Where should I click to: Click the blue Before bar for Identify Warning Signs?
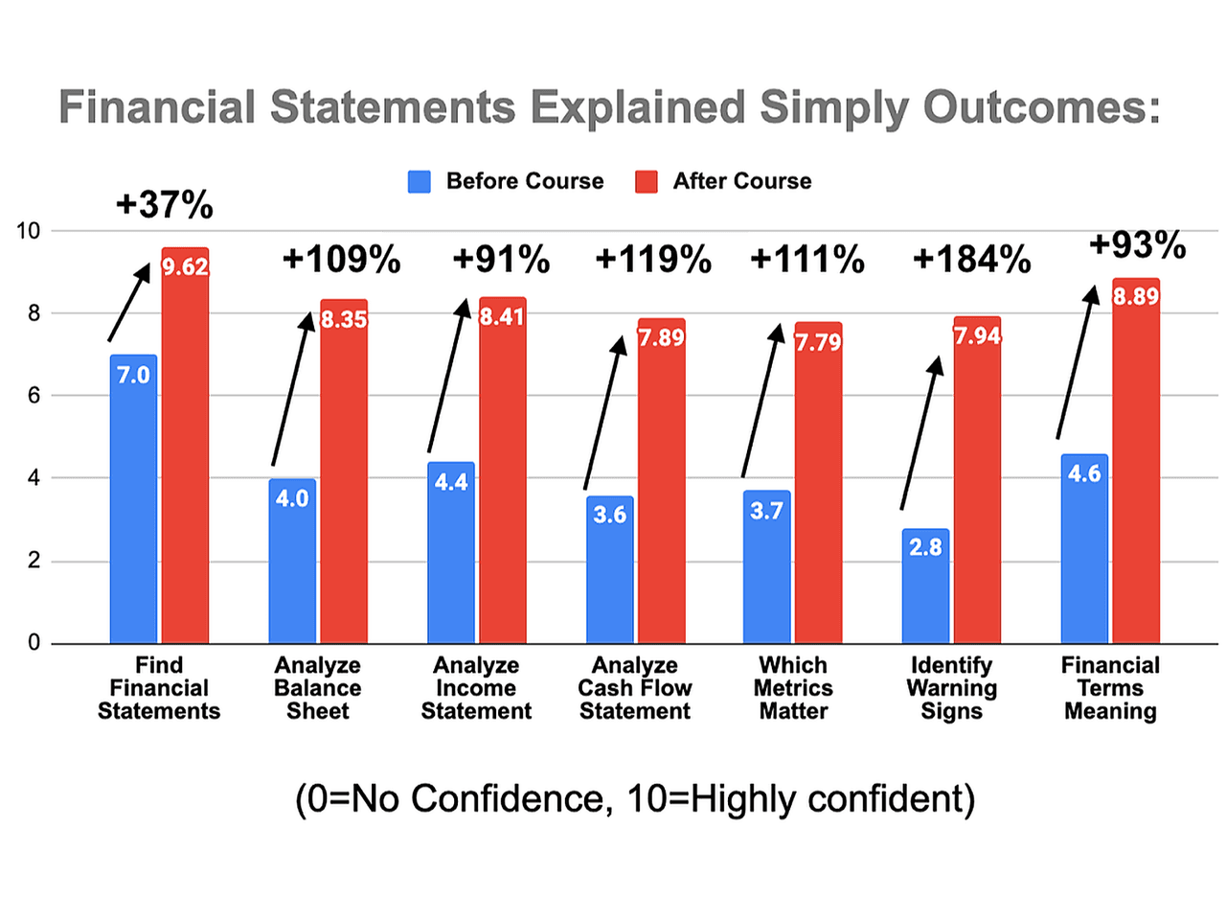point(925,587)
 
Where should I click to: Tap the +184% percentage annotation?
point(971,260)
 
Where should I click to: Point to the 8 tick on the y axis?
point(34,313)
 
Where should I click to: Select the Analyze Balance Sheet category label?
point(317,688)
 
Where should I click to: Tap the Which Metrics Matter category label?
point(793,688)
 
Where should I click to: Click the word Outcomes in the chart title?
point(1042,107)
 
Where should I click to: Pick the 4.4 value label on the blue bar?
point(451,481)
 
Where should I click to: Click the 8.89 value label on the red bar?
point(1135,296)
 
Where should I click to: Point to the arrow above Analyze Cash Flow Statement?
point(605,412)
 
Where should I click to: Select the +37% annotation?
point(164,205)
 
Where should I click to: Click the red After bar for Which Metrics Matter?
point(818,483)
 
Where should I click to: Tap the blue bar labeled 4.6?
point(1084,548)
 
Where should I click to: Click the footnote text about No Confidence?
point(634,798)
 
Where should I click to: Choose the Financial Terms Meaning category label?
point(1110,688)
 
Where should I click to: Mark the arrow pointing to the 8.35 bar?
point(293,388)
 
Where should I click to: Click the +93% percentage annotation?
point(1137,245)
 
